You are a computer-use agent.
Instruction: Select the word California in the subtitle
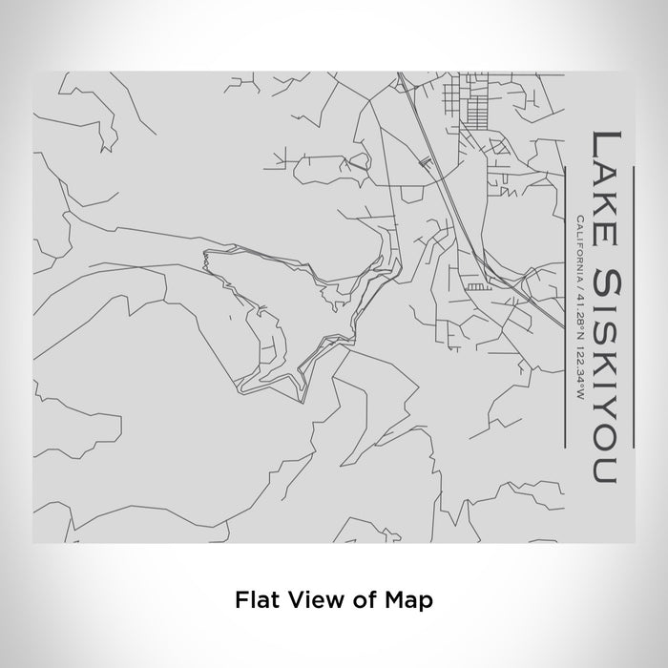(579, 246)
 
